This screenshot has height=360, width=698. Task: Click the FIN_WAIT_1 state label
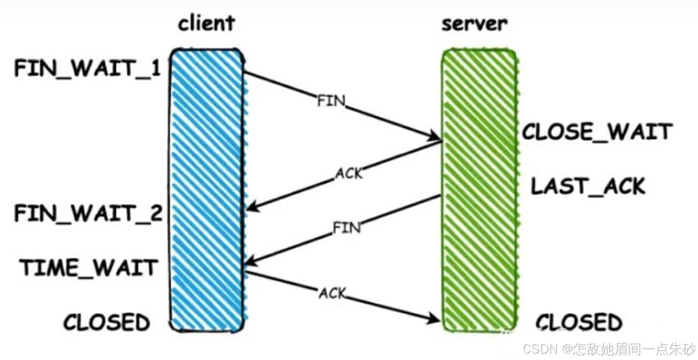pos(87,69)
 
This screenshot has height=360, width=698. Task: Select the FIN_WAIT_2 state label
pos(88,214)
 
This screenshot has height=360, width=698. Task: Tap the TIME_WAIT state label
pos(88,267)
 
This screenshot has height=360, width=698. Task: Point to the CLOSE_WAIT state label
pos(596,133)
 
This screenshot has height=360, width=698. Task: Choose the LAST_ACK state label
pos(588,186)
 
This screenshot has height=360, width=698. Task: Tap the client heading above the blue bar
pos(206,23)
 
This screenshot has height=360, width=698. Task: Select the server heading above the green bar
pos(475,23)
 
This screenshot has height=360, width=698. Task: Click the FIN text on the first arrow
pos(331,102)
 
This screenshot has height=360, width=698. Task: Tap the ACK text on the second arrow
pos(348,172)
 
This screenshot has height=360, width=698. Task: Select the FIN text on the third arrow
pos(347,228)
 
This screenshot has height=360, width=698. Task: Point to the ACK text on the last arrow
pos(332,293)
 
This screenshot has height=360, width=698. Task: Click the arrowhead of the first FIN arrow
pos(435,138)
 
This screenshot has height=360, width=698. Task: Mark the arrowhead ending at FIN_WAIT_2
pos(252,208)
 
